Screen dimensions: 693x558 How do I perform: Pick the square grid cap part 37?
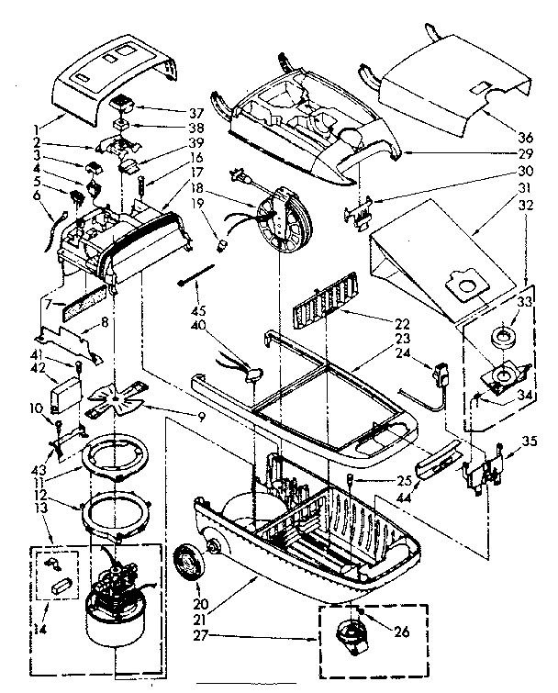point(124,101)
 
